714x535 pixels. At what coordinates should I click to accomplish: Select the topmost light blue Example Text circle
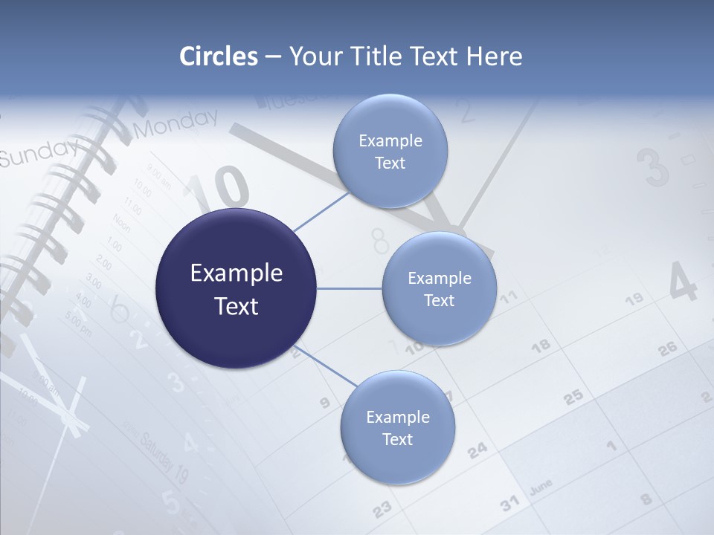coord(390,152)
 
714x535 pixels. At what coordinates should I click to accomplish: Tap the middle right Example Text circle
coord(439,288)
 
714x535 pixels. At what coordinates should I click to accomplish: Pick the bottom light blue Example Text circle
coord(397,427)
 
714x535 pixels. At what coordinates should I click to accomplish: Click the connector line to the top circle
coord(322,211)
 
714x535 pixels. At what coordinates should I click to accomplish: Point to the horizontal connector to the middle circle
coord(349,288)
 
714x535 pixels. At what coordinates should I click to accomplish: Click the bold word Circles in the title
coord(219,56)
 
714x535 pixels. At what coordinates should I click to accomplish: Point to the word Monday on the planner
coord(177,123)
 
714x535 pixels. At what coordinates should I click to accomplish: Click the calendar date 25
coord(573,398)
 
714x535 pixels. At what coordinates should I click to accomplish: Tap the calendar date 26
coord(668,347)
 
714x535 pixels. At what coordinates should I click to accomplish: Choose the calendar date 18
coord(541,345)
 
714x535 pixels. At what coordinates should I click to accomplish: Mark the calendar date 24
coord(477,450)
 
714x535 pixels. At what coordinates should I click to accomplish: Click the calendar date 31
coord(509,504)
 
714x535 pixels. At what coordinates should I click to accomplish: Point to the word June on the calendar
coord(541,487)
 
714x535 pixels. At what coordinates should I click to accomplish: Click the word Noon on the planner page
coord(121,222)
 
